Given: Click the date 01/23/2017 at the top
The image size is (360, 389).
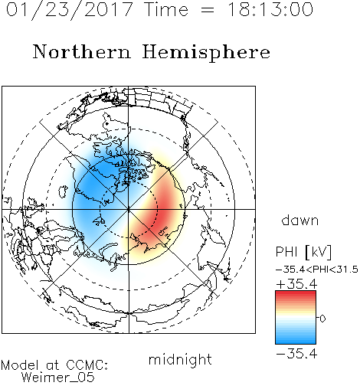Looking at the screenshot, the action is (70, 10).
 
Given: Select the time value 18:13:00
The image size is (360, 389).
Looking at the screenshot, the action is (270, 9).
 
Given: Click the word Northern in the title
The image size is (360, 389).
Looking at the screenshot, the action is (82, 51).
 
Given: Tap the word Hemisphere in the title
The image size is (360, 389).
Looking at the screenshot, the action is (206, 53).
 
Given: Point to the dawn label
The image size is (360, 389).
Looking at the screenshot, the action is (300, 220).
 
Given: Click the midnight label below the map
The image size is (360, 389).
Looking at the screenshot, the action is (180, 360).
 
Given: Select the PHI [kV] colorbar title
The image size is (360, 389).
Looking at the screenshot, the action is (303, 252).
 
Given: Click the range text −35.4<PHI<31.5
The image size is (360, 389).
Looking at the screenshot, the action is (317, 270).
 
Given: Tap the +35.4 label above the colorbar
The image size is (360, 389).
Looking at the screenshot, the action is (296, 284).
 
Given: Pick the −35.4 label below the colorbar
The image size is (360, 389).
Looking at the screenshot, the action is (296, 354).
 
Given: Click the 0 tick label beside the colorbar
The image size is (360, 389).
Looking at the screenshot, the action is (322, 319).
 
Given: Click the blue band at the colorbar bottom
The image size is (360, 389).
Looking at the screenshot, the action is (296, 339).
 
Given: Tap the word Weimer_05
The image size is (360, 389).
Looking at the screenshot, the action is (58, 378).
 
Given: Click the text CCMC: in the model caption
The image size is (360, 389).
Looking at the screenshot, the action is (87, 365).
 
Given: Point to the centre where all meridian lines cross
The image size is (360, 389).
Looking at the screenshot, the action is (129, 210).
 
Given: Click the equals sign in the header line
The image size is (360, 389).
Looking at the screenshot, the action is (208, 10).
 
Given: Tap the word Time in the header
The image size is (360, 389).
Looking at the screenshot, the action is (166, 9).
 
